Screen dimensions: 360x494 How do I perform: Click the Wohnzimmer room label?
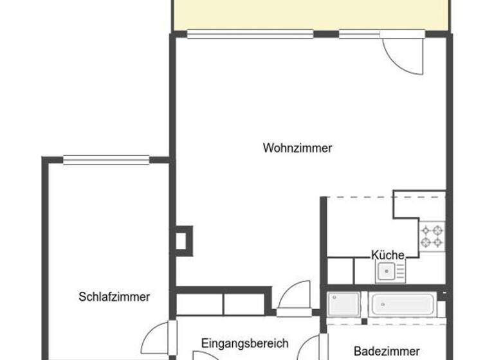click(297, 148)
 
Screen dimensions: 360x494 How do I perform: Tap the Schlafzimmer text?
click(114, 296)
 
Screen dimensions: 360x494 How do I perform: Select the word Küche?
click(388, 255)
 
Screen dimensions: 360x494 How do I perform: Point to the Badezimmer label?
click(387, 351)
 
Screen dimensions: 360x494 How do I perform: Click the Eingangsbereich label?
click(244, 343)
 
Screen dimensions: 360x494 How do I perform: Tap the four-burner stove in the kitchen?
click(432, 235)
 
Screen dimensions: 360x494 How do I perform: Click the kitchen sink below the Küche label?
click(390, 273)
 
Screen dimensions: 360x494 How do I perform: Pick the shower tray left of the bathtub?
click(343, 304)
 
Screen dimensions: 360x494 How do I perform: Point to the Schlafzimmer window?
click(106, 159)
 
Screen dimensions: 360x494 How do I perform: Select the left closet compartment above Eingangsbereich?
click(199, 304)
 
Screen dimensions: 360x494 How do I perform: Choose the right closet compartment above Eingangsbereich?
click(244, 304)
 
